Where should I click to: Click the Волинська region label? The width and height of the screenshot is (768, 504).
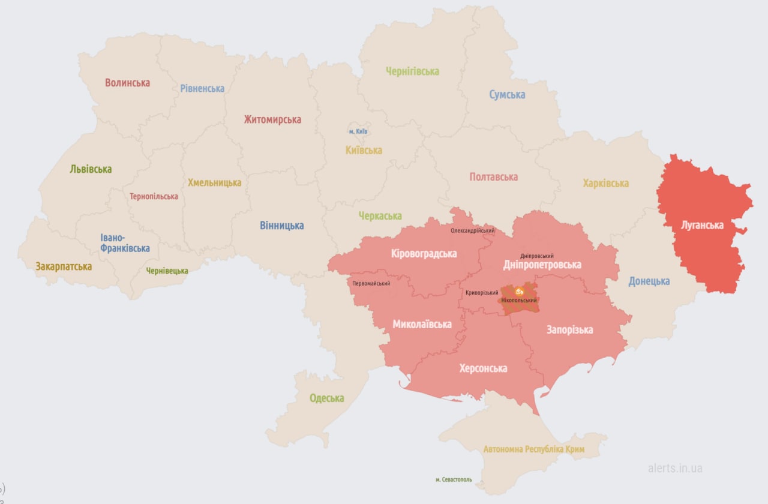click(x=127, y=83)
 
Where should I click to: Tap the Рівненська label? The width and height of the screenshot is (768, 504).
click(x=202, y=88)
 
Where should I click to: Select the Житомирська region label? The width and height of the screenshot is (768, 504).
click(x=272, y=119)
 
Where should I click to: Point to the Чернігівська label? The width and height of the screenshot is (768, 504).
click(x=412, y=71)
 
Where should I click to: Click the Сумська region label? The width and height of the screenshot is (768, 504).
click(x=507, y=94)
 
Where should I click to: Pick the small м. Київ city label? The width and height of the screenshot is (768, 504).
click(x=358, y=131)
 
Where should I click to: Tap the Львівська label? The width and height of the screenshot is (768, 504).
click(x=91, y=169)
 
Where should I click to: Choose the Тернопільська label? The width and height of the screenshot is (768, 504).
click(x=154, y=196)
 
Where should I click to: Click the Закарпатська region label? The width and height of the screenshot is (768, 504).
click(x=64, y=266)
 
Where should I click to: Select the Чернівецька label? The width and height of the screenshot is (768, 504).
click(x=167, y=271)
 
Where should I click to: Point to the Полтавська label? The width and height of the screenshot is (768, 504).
click(x=493, y=177)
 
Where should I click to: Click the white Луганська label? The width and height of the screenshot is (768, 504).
click(x=702, y=226)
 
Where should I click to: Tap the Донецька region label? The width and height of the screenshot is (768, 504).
click(x=649, y=281)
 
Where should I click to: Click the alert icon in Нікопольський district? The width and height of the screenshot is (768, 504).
click(x=519, y=291)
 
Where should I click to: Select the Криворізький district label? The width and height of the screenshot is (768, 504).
click(x=482, y=293)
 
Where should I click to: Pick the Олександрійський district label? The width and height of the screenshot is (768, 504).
click(x=473, y=230)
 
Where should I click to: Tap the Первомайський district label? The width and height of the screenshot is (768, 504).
click(x=371, y=283)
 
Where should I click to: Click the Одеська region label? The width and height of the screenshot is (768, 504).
click(x=326, y=398)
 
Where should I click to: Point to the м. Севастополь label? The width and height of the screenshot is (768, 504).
click(x=454, y=479)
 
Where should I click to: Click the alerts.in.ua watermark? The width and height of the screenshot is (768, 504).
click(x=675, y=468)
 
